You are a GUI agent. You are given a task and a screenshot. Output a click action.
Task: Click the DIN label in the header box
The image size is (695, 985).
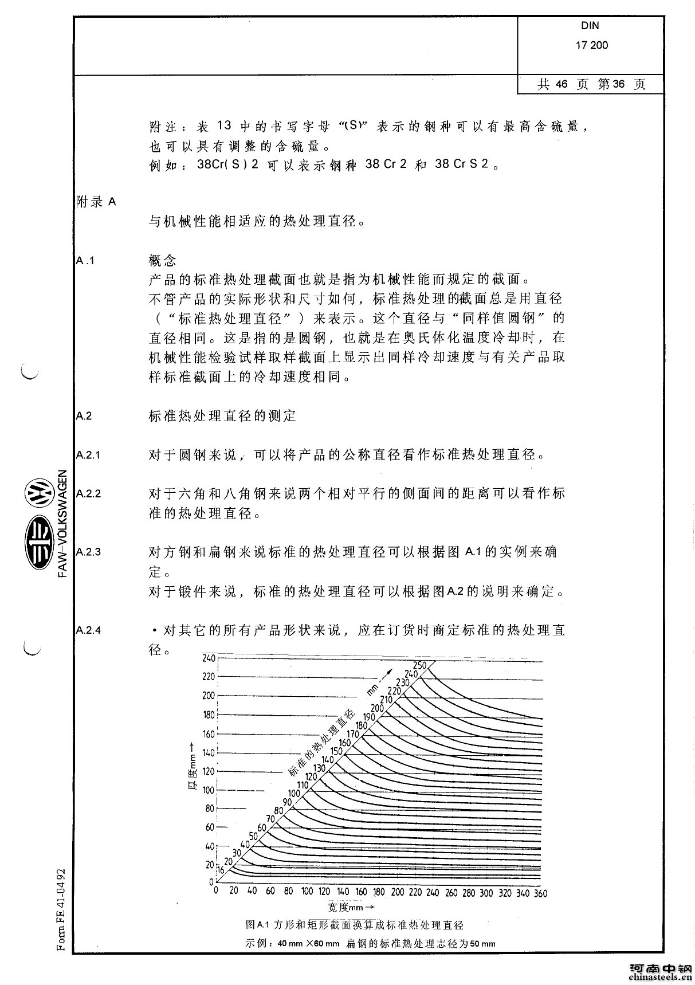click(x=590, y=26)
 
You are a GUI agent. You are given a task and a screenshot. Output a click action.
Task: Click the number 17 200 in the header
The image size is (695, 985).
click(x=592, y=45)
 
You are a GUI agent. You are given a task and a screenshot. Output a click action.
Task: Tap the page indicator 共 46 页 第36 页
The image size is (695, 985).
click(x=591, y=85)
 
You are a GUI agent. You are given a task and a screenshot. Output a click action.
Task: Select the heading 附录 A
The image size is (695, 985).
click(x=96, y=202)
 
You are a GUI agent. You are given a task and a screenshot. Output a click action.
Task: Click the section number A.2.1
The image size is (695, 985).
click(x=88, y=456)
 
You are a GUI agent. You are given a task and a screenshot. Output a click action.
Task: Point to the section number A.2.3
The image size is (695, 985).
click(x=88, y=552)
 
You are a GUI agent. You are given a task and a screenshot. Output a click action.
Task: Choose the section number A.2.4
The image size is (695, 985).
click(x=88, y=630)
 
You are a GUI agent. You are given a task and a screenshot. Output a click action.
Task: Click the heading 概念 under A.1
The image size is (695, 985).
click(x=162, y=261)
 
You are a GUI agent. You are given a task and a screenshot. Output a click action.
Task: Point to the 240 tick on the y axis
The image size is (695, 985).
click(x=208, y=658)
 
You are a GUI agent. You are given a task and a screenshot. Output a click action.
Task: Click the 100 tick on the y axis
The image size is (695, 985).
click(x=208, y=790)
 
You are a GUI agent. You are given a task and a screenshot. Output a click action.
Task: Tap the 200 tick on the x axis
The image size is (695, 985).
click(x=397, y=893)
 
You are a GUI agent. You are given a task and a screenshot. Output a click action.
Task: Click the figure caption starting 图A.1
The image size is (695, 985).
click(x=354, y=925)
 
